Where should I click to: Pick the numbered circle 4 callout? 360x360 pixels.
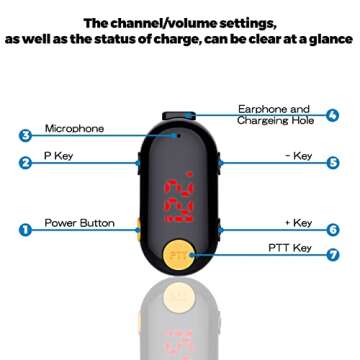coord(332,115)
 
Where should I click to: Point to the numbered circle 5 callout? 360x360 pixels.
coord(332,161)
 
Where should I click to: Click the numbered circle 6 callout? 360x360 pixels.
coord(332,228)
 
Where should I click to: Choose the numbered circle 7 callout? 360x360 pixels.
coord(332,255)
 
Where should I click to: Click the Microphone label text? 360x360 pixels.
coord(74,128)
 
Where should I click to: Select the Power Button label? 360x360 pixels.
coord(77,223)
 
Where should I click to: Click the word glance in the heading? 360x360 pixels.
coord(328,42)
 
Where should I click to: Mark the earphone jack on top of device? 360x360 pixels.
coord(180,116)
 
